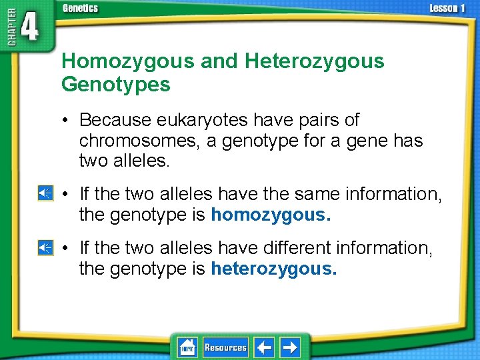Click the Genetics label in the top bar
[80, 8]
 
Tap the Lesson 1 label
[447, 8]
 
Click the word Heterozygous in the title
[315, 61]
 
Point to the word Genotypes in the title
[116, 85]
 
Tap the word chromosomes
[128, 141]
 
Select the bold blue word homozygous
[271, 215]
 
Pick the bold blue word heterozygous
[274, 269]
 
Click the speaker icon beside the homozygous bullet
[45, 194]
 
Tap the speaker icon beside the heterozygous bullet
[45, 247]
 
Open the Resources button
[225, 347]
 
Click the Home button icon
[187, 347]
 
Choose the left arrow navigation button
[265, 347]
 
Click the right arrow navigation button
[289, 347]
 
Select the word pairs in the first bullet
[321, 121]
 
